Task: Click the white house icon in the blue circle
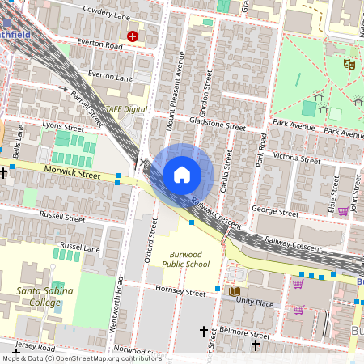(182, 175)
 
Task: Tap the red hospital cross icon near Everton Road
(133, 36)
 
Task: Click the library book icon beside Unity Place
(235, 290)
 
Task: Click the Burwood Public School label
(185, 259)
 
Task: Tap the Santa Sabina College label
(45, 295)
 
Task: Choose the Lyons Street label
(63, 128)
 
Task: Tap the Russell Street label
(62, 218)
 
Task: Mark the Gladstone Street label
(218, 127)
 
